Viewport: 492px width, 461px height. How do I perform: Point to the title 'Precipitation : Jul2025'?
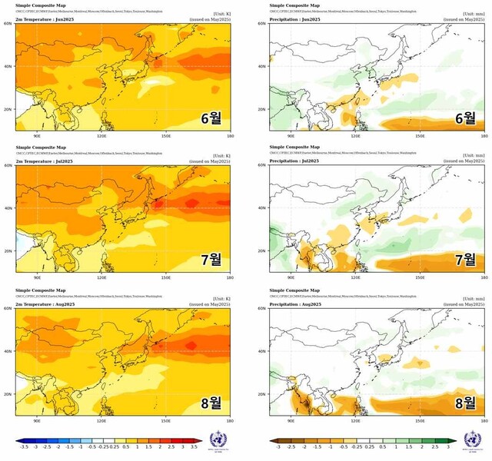point(294,160)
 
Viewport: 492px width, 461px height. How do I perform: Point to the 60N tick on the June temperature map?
point(9,24)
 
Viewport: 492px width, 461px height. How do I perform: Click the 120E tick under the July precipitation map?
point(356,277)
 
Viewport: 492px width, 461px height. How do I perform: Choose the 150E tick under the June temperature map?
point(166,136)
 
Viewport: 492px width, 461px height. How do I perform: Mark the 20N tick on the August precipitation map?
point(264,394)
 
